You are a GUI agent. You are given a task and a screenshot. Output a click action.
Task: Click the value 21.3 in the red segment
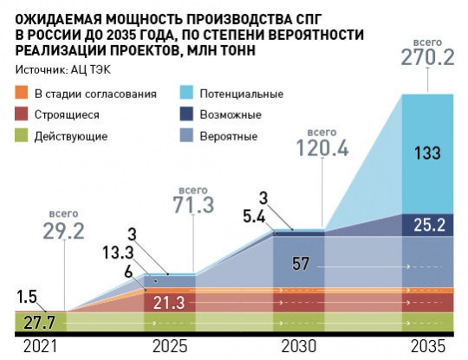click(168, 304)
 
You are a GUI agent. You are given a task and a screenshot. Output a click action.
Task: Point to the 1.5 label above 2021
click(26, 297)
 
